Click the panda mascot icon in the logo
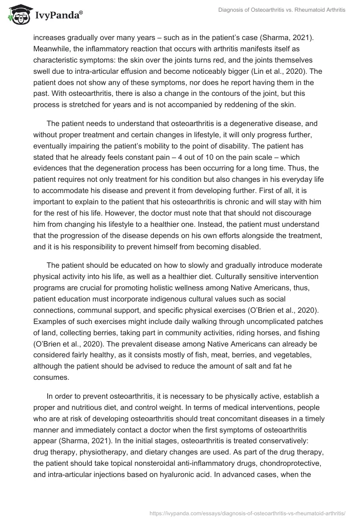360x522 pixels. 17,15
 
